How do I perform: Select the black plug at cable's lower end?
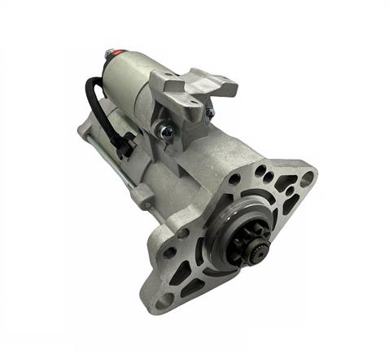click(x=124, y=147)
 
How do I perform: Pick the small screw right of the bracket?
click(x=209, y=112)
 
